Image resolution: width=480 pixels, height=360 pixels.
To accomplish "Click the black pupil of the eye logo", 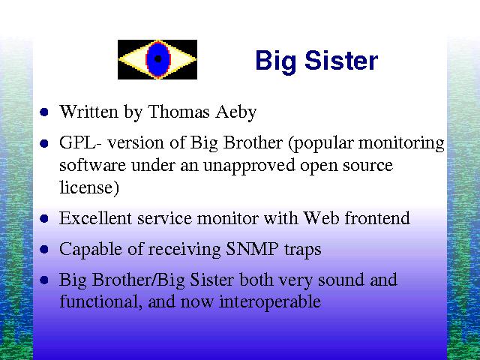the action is (157, 58).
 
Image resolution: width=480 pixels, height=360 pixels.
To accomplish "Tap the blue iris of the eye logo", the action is (158, 59).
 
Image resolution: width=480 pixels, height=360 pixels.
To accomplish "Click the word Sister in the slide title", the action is (341, 61).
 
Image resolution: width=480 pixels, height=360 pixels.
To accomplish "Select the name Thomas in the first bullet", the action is (178, 112).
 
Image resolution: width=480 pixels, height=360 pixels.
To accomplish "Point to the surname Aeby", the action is (235, 112).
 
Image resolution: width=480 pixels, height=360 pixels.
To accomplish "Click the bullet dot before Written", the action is (44, 112).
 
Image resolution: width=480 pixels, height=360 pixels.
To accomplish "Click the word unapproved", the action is (249, 166).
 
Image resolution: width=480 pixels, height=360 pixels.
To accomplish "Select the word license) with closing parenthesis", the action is (89, 187).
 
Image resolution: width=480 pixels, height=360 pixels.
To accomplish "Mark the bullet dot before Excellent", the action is (44, 218).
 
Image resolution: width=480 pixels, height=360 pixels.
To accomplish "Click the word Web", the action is (321, 218).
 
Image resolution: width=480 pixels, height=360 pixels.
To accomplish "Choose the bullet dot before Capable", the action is (44, 249).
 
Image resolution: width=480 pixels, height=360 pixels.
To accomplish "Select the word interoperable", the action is (270, 301).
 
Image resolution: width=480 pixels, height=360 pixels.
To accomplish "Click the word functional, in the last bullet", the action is (100, 301).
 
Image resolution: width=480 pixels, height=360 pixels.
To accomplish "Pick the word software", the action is (92, 166).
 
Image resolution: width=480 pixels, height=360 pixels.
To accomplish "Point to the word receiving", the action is (184, 250).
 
